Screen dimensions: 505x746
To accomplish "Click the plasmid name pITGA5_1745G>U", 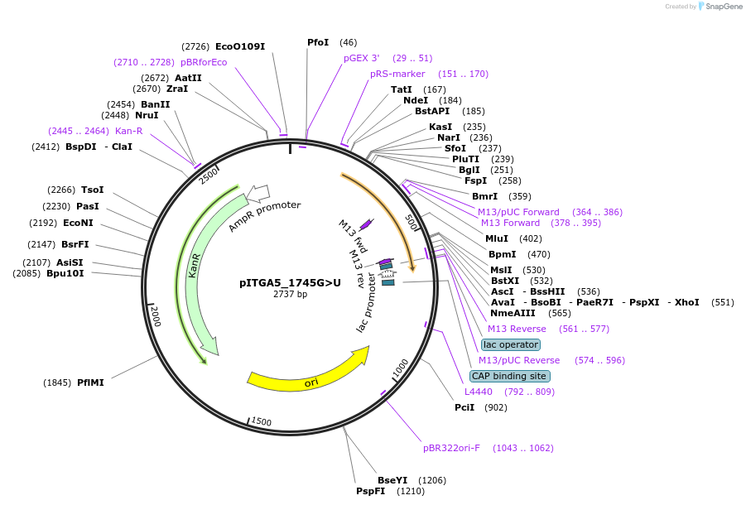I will pos(290,282).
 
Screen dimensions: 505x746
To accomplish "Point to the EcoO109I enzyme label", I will pos(239,46).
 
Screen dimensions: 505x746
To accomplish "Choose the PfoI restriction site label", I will pos(318,42).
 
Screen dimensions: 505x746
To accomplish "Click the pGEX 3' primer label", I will pos(362,58).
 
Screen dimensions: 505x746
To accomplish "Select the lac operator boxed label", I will pos(511,344).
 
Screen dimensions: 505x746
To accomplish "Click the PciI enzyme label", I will pos(464,407).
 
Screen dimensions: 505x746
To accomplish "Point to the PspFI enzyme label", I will pos(371,491).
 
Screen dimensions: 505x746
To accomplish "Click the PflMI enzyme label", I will pos(90,382).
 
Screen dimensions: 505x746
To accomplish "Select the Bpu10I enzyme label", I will pos(65,273).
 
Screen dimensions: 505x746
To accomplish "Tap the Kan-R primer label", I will pos(128,131).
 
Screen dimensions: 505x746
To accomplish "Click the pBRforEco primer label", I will pos(204,62).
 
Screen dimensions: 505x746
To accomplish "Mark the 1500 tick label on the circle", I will pos(262,422).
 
